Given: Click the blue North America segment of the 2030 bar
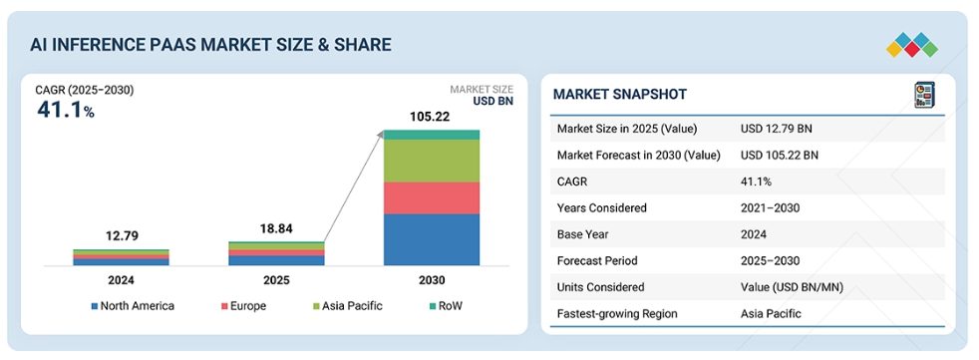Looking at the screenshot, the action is pyautogui.click(x=432, y=240).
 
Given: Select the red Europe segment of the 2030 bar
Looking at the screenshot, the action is pyautogui.click(x=432, y=198).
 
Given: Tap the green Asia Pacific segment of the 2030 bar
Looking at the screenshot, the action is pyautogui.click(x=432, y=161).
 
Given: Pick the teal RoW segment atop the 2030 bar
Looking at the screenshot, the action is pyautogui.click(x=432, y=135).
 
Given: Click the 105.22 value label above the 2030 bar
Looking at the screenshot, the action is pyautogui.click(x=432, y=117).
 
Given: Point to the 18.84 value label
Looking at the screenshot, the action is pyautogui.click(x=276, y=228).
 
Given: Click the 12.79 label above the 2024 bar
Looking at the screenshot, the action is pyautogui.click(x=121, y=236).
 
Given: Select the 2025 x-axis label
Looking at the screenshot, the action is pyautogui.click(x=276, y=280).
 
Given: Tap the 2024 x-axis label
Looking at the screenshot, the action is pyautogui.click(x=121, y=280).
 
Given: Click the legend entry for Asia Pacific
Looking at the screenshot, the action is pyautogui.click(x=348, y=306).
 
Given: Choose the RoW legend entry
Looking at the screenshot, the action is pyautogui.click(x=446, y=306).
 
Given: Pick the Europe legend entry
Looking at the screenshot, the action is pyautogui.click(x=243, y=306).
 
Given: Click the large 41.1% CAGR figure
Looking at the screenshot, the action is pyautogui.click(x=66, y=110).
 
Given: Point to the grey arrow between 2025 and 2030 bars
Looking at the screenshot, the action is pyautogui.click(x=353, y=186).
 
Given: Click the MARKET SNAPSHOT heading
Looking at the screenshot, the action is pyautogui.click(x=620, y=95).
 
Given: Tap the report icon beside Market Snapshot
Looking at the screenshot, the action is pyautogui.click(x=925, y=95).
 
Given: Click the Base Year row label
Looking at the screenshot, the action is pyautogui.click(x=582, y=234).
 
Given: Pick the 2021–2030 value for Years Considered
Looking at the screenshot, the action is pyautogui.click(x=770, y=208).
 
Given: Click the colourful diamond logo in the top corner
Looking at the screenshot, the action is pyautogui.click(x=912, y=45).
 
